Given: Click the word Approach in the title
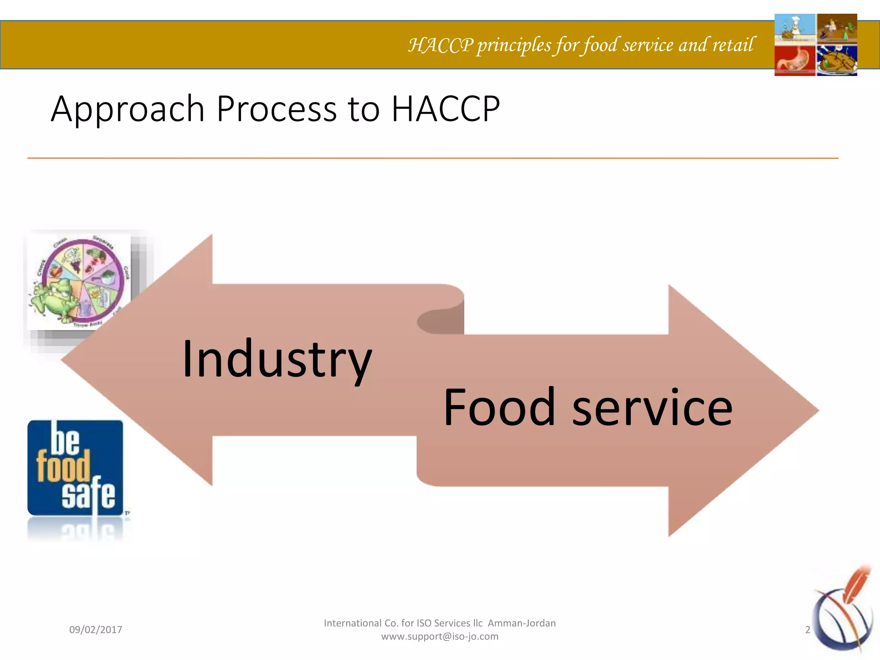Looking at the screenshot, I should (x=127, y=110).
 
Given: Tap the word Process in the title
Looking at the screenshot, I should (x=276, y=110).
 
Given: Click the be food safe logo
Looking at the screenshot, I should (x=75, y=467).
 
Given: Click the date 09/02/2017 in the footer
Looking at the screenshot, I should (x=95, y=630).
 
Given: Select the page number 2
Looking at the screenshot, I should (x=807, y=630).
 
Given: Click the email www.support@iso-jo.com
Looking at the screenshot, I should (x=440, y=636).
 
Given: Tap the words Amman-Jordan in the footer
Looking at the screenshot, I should (x=521, y=623).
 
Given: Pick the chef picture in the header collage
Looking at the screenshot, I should (x=794, y=28).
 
